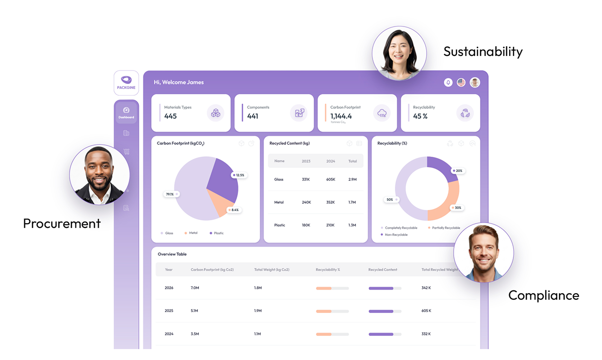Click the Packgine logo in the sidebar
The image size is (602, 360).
click(126, 82)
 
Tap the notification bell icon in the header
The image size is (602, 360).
click(448, 82)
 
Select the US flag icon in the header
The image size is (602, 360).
click(461, 82)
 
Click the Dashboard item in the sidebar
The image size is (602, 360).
click(126, 113)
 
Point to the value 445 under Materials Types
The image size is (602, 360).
click(170, 116)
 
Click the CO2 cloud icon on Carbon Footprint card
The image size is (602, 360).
click(382, 113)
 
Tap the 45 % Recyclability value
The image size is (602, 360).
click(420, 116)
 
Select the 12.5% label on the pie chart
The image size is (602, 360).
click(239, 175)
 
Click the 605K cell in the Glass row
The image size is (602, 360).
click(330, 180)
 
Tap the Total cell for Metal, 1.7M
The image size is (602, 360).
click(352, 202)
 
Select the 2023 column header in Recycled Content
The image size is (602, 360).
click(306, 161)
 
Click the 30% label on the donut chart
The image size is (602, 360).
click(457, 208)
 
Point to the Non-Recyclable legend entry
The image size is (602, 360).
click(396, 235)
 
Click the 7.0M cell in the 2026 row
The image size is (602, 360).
click(195, 288)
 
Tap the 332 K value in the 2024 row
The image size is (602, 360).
click(426, 334)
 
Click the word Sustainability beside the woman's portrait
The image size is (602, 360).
click(483, 52)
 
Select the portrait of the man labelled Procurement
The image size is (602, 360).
click(100, 174)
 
